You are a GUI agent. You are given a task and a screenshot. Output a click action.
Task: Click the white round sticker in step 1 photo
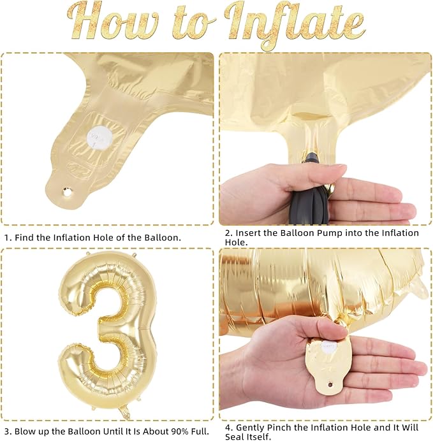point(99,137)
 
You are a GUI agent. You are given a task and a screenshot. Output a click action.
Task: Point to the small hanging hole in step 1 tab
point(67,192)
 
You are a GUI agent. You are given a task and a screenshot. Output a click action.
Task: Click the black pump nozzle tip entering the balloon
point(311,157)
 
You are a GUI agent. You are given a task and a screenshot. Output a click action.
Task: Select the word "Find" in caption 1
point(24,238)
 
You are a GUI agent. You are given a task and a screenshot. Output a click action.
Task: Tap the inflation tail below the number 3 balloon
point(124,412)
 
